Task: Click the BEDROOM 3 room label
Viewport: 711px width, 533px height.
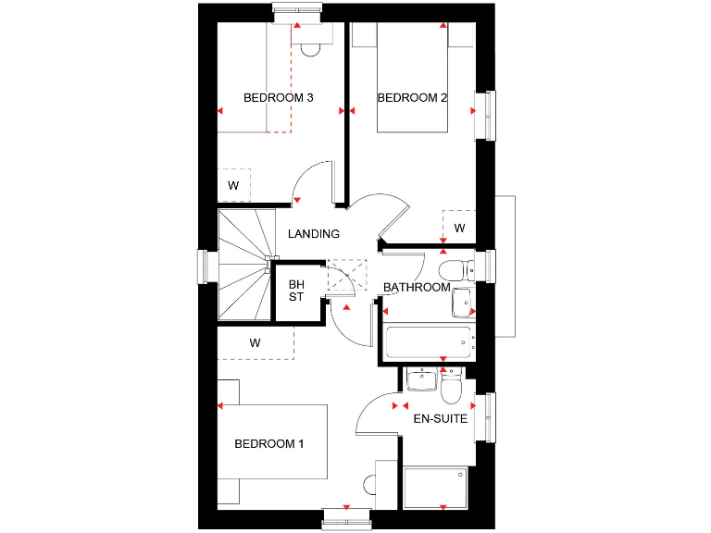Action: coord(278,97)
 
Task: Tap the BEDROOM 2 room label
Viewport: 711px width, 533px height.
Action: coord(412,97)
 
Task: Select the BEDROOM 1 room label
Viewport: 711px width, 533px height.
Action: coord(268,444)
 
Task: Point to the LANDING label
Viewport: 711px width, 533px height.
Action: coord(314,234)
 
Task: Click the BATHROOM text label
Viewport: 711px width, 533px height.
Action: coord(417,288)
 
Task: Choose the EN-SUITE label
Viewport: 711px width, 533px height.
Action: coord(440,418)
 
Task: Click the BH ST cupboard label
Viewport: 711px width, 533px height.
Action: coord(296,291)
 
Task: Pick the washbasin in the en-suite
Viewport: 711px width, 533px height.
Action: coord(421,380)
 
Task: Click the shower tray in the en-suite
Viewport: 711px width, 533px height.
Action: coord(437,488)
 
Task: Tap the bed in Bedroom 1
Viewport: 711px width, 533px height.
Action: coord(274,441)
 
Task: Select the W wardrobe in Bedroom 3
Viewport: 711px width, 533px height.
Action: coord(234,185)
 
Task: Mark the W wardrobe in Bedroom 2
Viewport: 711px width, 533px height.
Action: coord(458,227)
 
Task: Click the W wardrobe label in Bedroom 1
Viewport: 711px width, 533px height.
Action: coord(255,342)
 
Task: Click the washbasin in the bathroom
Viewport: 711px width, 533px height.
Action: coord(462,303)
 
